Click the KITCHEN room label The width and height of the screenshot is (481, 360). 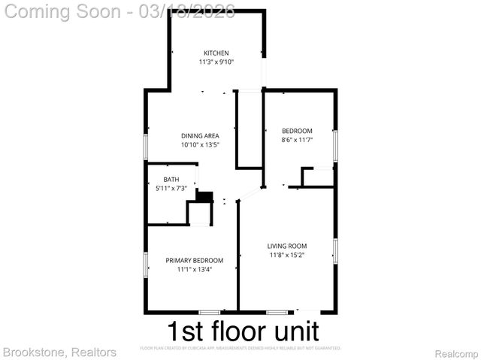[216, 53]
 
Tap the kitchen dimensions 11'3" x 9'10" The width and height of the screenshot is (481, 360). [216, 62]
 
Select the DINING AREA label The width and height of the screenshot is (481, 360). [200, 136]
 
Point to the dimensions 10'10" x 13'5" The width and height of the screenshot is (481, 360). [200, 145]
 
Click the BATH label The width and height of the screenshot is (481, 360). [171, 180]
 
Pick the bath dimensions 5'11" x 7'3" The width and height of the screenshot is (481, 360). [171, 188]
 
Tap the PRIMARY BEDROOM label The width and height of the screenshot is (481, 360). [195, 261]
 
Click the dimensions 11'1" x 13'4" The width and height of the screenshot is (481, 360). [195, 269]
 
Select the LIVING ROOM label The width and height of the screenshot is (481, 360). [287, 246]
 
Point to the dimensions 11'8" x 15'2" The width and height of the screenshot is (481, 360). [287, 255]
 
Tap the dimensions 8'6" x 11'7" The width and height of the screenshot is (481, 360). [297, 139]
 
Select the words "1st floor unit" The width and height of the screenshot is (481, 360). [242, 331]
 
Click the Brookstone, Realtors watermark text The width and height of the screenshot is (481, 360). [59, 352]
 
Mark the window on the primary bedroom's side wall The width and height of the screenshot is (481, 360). [147, 265]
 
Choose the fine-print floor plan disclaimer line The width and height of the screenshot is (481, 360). [240, 349]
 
